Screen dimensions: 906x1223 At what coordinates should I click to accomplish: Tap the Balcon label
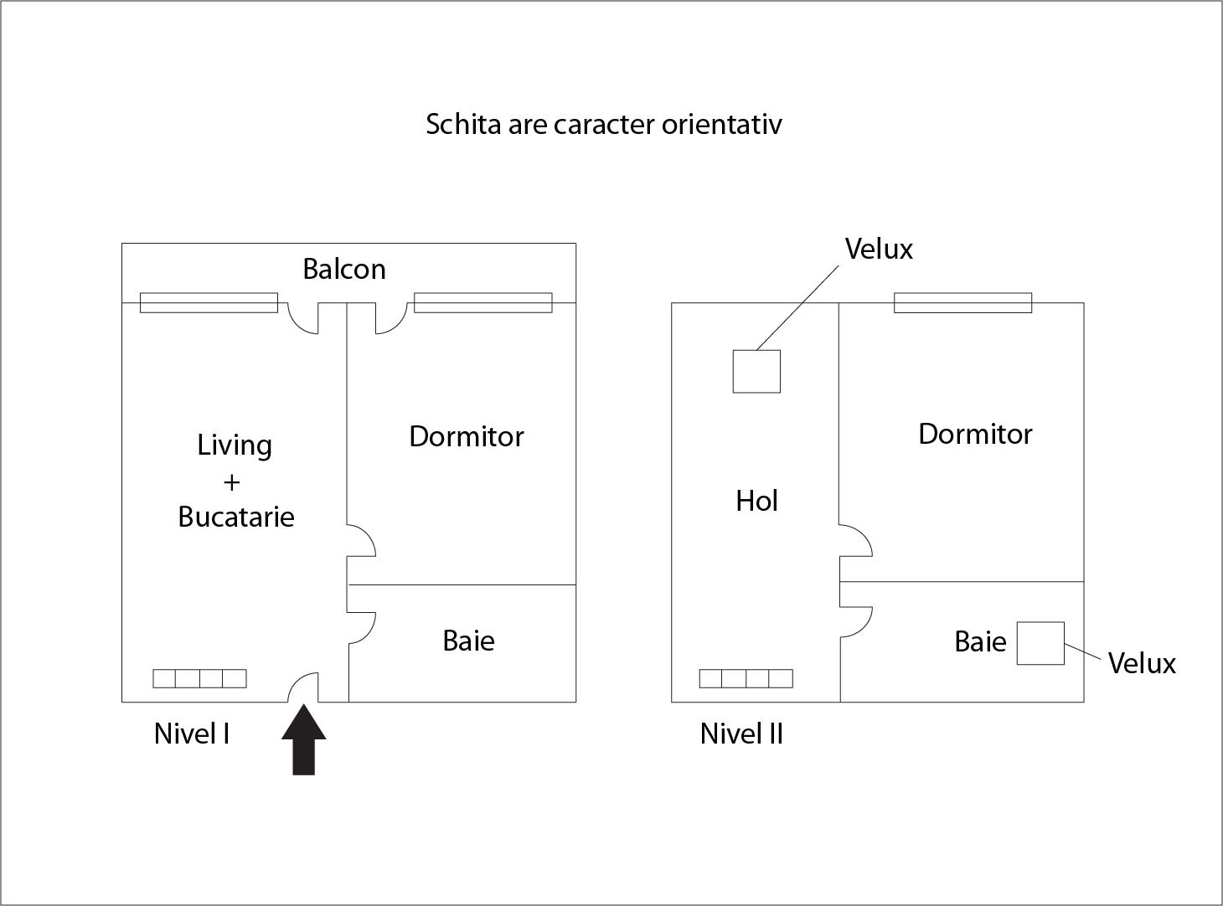[x=344, y=270]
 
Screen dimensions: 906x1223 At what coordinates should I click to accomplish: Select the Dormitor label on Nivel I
[x=466, y=436]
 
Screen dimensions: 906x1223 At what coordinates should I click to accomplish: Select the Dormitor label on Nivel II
[x=975, y=434]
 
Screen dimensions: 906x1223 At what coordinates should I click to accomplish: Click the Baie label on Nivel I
[x=468, y=641]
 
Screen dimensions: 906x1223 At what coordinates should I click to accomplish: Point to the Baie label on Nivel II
[x=980, y=641]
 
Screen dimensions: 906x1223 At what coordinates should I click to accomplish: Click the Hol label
[x=756, y=501]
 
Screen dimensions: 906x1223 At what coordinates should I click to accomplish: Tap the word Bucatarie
[x=236, y=517]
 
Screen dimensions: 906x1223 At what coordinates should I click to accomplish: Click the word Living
[x=235, y=445]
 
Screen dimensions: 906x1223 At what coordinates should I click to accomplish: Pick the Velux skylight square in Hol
[x=756, y=371]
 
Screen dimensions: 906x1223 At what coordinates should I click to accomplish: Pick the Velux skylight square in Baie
[x=1040, y=643]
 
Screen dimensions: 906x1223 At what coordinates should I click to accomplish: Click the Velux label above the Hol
[x=879, y=249]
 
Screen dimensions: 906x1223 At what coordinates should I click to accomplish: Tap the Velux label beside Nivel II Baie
[x=1142, y=663]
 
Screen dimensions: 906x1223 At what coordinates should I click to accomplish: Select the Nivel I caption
[x=192, y=734]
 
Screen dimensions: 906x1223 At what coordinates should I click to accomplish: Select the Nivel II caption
[x=741, y=734]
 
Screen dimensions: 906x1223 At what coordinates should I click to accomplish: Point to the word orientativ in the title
[x=722, y=124]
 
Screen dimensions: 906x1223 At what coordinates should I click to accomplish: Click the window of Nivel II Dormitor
[x=962, y=302]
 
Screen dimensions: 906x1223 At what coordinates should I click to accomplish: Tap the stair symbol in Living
[x=199, y=678]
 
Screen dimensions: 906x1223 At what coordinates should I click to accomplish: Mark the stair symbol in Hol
[x=746, y=678]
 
